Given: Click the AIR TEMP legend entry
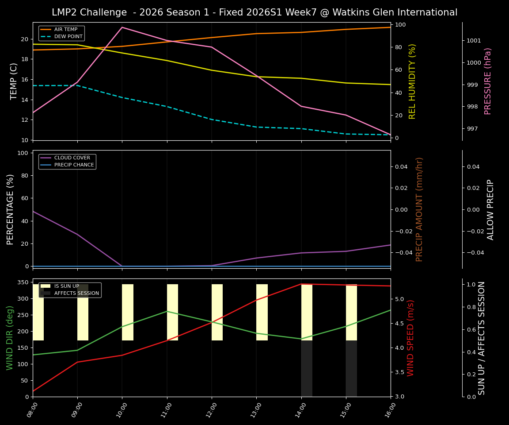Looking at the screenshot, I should (65, 30).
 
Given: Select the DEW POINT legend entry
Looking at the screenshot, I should (67, 36).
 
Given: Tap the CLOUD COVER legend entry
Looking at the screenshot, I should (72, 158).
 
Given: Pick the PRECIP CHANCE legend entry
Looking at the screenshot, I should (74, 165).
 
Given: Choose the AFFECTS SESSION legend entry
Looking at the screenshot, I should (76, 293).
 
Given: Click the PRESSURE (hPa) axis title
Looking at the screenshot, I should (488, 81).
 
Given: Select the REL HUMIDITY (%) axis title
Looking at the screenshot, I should (413, 81).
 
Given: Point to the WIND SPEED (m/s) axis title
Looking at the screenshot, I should (411, 338).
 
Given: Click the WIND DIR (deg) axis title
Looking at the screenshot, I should (10, 338).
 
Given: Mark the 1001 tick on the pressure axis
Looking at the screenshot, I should (474, 41).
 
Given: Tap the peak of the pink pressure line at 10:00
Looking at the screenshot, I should (122, 27).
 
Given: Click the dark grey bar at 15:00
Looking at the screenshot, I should (351, 368).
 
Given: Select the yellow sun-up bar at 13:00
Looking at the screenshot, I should (262, 312).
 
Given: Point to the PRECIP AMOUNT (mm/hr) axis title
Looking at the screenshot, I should (419, 209).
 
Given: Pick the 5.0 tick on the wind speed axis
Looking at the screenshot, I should (399, 299).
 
